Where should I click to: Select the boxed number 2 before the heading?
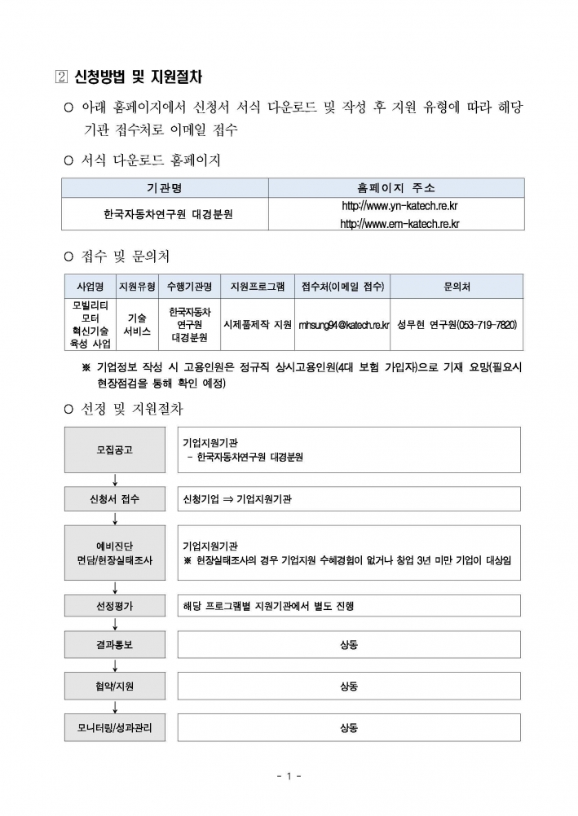[57, 77]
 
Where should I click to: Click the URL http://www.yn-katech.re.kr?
[399, 207]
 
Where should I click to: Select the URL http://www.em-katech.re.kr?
[399, 223]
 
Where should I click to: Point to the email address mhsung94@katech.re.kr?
[343, 324]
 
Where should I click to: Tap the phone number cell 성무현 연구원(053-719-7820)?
[457, 324]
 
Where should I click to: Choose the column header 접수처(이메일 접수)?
[343, 287]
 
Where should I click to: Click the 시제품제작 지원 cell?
[257, 324]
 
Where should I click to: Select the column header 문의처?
[457, 287]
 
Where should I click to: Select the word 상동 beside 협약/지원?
[349, 687]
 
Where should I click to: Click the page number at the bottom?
[289, 776]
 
